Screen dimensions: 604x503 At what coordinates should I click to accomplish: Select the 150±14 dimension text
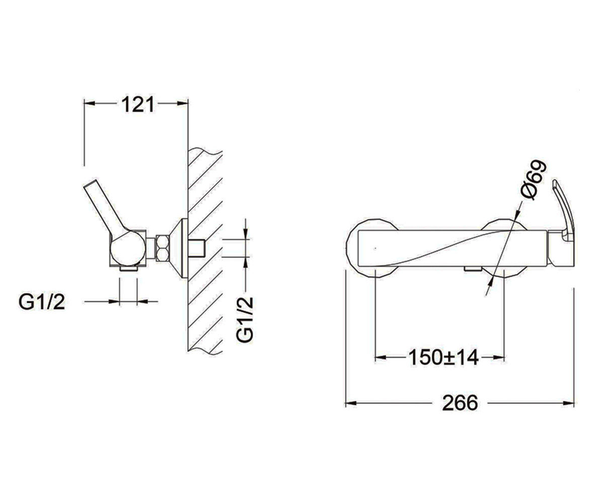click(x=443, y=358)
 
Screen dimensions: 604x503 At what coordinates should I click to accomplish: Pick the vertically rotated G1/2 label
click(x=245, y=319)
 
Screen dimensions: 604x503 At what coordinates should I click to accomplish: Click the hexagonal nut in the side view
click(x=163, y=248)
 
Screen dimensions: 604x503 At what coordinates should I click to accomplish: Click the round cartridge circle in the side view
click(x=127, y=248)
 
